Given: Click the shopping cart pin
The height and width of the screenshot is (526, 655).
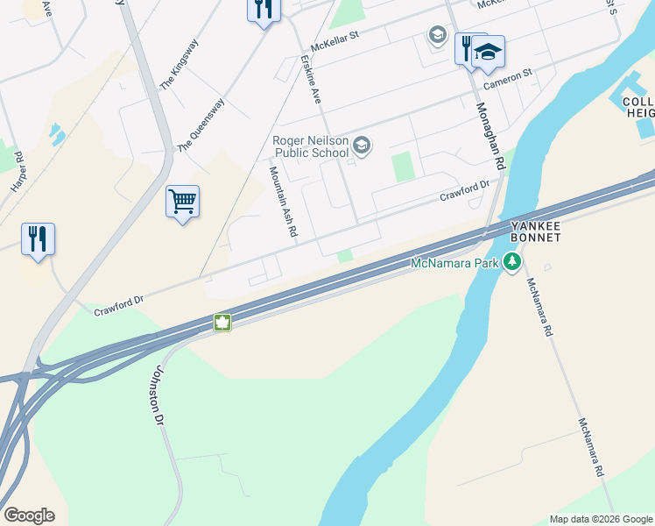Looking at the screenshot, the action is click(x=183, y=202).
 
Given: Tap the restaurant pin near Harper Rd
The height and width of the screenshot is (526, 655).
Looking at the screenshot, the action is click(x=38, y=239).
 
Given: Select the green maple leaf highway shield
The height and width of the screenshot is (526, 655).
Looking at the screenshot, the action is click(x=222, y=323).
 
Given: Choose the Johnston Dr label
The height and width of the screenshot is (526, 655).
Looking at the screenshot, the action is click(x=160, y=395).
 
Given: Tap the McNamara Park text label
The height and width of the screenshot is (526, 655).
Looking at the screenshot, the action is click(x=454, y=262).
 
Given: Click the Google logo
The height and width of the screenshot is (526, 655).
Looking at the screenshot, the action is click(x=29, y=515).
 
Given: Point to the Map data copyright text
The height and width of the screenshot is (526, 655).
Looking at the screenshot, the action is click(x=600, y=519).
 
